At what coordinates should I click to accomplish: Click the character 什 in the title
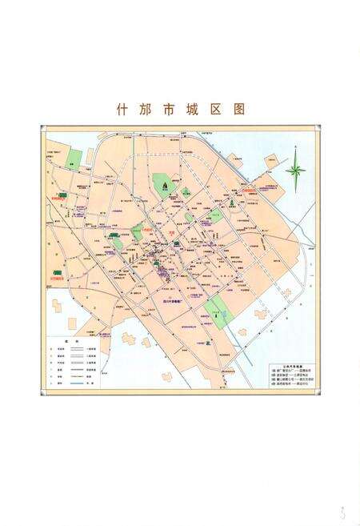pyautogui.click(x=121, y=108)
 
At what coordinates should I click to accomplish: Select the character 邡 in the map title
pyautogui.click(x=149, y=108)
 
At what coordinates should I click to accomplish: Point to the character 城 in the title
pyautogui.click(x=208, y=108)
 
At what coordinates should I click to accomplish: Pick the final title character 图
pyautogui.click(x=238, y=108)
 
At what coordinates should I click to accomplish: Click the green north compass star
pyautogui.click(x=295, y=170)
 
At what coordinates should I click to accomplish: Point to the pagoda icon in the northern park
pyautogui.click(x=166, y=185)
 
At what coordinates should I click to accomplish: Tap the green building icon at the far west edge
pyautogui.click(x=57, y=273)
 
